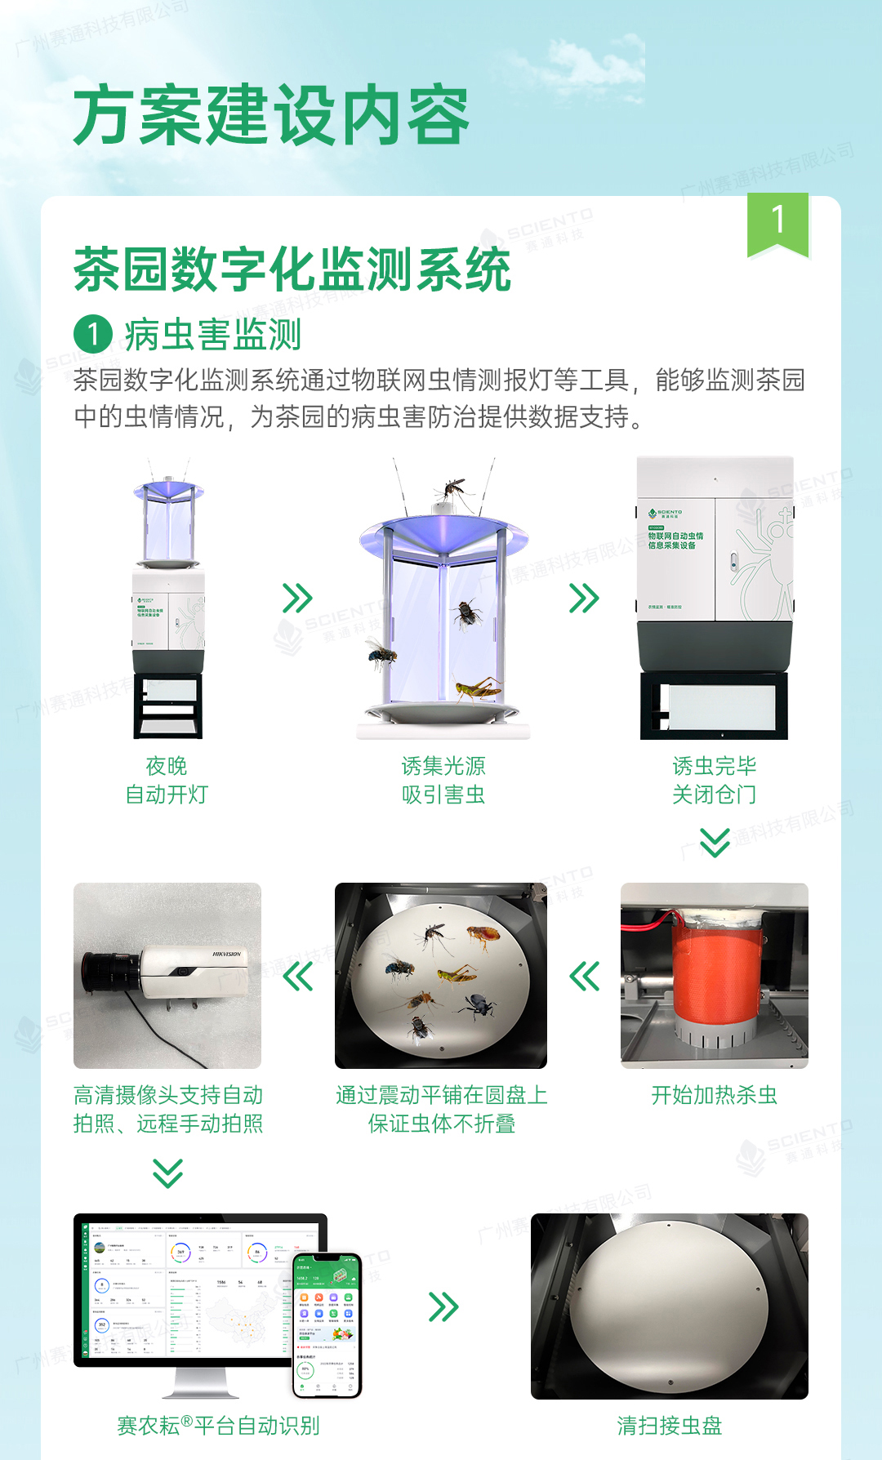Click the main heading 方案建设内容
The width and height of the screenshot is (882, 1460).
pyautogui.click(x=271, y=114)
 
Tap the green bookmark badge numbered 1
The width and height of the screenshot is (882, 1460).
pyautogui.click(x=777, y=223)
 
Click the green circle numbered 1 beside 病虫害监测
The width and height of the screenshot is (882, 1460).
pyautogui.click(x=92, y=335)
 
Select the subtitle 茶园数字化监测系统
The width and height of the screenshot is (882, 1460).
pyautogui.click(x=292, y=269)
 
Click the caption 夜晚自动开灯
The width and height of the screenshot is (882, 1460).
pyautogui.click(x=167, y=780)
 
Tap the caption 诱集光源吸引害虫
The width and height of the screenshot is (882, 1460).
pyautogui.click(x=443, y=780)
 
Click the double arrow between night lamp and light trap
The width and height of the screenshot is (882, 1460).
pyautogui.click(x=297, y=598)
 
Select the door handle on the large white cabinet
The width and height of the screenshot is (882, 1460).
pyautogui.click(x=733, y=562)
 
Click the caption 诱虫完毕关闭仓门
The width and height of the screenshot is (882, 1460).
pyautogui.click(x=714, y=780)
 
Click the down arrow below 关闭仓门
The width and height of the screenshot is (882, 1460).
pyautogui.click(x=715, y=842)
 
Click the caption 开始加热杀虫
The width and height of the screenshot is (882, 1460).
pyautogui.click(x=714, y=1095)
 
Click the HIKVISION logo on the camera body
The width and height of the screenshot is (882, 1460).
pyautogui.click(x=226, y=954)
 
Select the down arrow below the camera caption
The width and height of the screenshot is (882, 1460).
pyautogui.click(x=167, y=1173)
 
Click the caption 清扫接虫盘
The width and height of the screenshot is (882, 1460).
pyautogui.click(x=669, y=1426)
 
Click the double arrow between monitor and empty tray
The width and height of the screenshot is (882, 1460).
pyautogui.click(x=443, y=1306)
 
